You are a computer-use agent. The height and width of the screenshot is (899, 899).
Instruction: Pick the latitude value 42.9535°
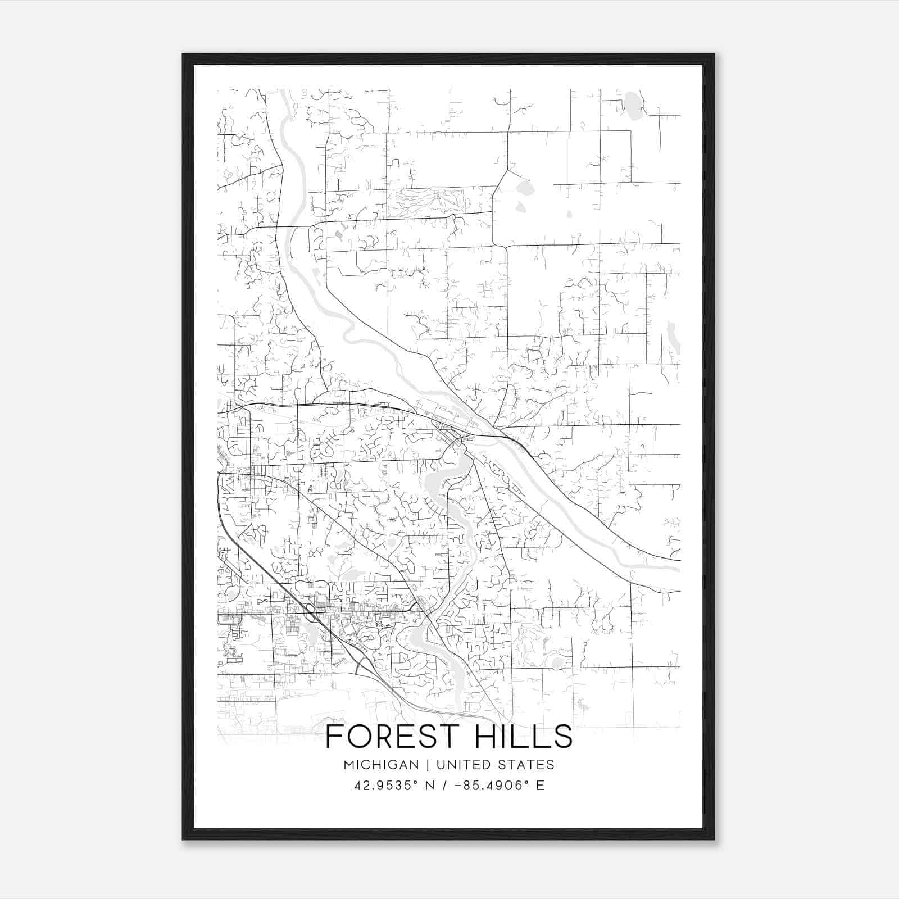[x=386, y=786]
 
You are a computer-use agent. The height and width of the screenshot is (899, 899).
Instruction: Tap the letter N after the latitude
[x=431, y=786]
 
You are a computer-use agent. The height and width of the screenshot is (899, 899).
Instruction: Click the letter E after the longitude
[x=540, y=786]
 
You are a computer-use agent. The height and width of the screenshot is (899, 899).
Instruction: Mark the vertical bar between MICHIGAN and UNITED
[x=428, y=765]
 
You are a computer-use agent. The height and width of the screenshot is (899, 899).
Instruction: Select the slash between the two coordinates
[x=444, y=786]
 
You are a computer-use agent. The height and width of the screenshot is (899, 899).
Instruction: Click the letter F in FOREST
[x=335, y=737]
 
